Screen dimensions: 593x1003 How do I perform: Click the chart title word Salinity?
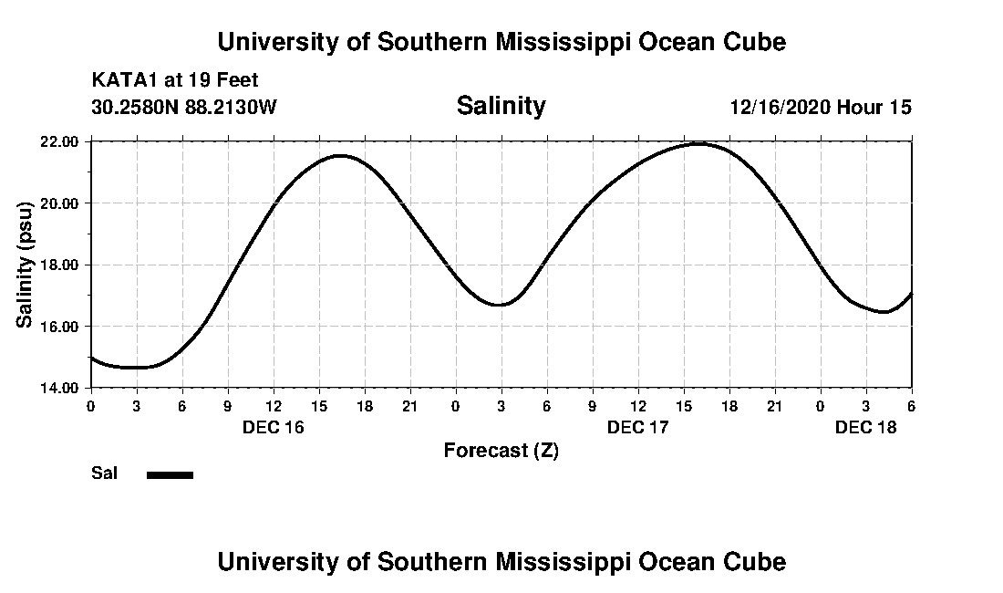click(501, 106)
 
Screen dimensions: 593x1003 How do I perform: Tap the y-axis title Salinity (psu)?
click(26, 265)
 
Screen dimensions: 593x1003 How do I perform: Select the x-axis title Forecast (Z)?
click(501, 450)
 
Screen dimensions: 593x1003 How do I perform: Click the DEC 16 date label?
click(273, 427)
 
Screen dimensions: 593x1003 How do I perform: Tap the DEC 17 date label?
click(637, 427)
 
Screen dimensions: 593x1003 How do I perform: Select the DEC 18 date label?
click(865, 427)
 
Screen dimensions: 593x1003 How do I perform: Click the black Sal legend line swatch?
click(170, 474)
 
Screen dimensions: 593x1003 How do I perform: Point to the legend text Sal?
click(105, 473)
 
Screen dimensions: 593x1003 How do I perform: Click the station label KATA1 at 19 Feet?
click(175, 80)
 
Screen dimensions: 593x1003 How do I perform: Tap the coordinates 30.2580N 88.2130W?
click(183, 107)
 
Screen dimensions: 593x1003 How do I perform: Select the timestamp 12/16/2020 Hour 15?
click(820, 107)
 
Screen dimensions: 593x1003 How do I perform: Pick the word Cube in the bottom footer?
click(757, 561)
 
